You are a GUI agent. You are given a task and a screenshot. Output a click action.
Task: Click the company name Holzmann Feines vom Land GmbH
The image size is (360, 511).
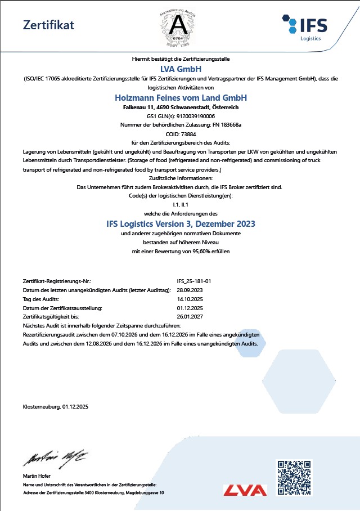180,97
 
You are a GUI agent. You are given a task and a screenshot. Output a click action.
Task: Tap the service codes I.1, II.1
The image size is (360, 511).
180,205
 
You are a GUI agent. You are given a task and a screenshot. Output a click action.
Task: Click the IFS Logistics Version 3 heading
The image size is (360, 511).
180,223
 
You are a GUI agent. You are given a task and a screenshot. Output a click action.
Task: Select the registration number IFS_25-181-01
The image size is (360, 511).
193,280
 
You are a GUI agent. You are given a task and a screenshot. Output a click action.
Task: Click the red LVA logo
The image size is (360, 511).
245,490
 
